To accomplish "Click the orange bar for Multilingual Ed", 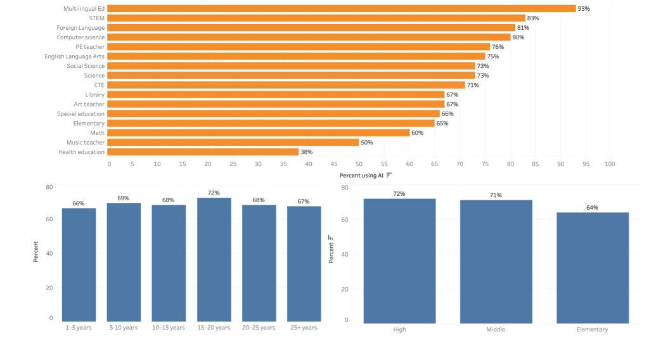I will (342, 9).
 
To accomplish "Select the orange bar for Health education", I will (203, 152).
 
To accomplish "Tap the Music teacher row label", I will (86, 143).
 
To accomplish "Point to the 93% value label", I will (584, 9).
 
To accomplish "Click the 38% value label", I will (306, 152).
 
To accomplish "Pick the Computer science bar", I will (309, 37).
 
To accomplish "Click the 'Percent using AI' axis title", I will (361, 175).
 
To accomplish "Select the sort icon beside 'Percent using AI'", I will (389, 175).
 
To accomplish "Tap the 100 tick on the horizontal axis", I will (610, 164).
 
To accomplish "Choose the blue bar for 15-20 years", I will (214, 260).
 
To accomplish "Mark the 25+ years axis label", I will (304, 328).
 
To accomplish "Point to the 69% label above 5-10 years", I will (124, 198).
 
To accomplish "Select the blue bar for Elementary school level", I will (592, 267).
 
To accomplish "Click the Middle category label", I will (496, 330).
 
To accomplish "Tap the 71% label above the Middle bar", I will (496, 195).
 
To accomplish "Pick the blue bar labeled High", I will (399, 260).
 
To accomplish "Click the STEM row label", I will (96, 18).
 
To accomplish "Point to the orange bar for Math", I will (259, 133).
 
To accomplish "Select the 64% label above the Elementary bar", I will (592, 208).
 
